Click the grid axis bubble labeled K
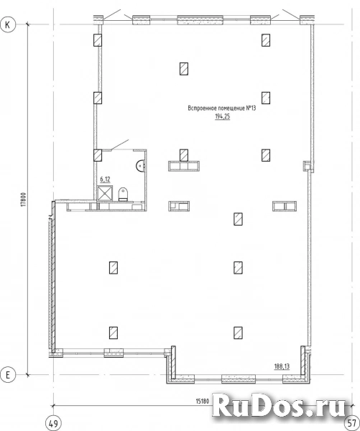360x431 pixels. click(7, 24)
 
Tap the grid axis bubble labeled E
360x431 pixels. click(7, 375)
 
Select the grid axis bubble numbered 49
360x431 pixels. click(53, 424)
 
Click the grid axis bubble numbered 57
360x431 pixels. click(352, 424)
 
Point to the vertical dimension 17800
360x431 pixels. click(24, 199)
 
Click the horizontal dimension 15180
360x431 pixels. click(203, 402)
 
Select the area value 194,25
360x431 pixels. click(222, 116)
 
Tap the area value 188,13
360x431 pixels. click(282, 366)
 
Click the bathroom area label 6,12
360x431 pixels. click(105, 180)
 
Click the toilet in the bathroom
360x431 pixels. click(123, 194)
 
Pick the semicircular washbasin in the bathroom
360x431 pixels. click(141, 165)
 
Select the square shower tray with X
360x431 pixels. click(105, 193)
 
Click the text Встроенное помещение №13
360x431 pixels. click(221, 108)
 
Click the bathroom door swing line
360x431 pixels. click(119, 145)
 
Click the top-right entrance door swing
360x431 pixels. click(291, 14)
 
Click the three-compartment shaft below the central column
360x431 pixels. click(184, 167)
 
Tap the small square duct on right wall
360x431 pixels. click(307, 166)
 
